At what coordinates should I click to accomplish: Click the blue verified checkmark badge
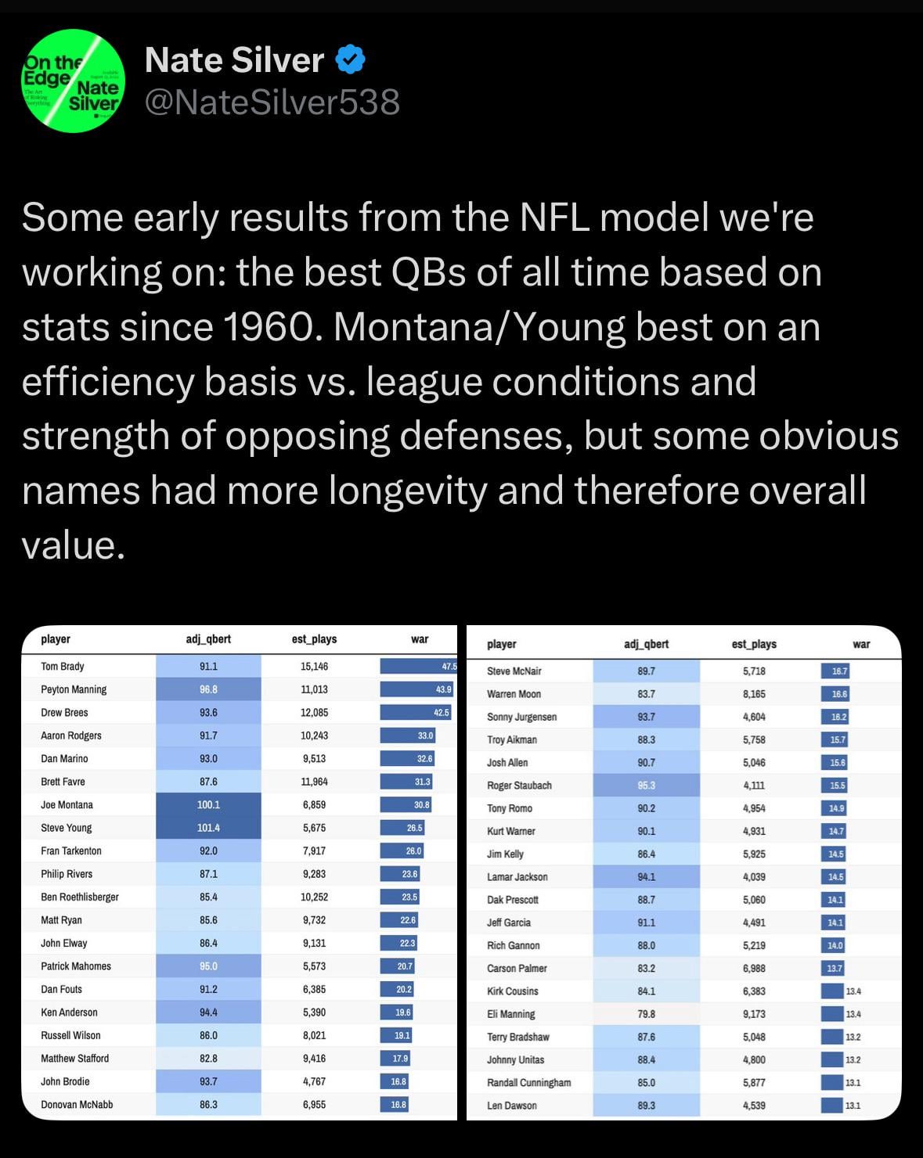[x=351, y=60]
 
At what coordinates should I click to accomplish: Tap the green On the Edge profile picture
[x=73, y=81]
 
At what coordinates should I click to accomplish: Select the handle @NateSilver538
[x=272, y=102]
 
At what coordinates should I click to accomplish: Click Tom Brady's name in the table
[x=63, y=667]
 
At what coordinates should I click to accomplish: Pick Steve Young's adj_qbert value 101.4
[x=208, y=828]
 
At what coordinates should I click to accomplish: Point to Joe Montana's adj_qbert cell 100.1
[x=208, y=804]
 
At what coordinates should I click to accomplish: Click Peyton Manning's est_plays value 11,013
[x=314, y=689]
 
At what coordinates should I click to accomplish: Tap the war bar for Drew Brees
[x=416, y=713]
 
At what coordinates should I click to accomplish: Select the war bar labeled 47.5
[x=418, y=667]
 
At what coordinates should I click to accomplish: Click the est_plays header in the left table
[x=314, y=639]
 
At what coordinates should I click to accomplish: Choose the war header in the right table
[x=861, y=644]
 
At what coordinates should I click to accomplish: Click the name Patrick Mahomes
[x=76, y=966]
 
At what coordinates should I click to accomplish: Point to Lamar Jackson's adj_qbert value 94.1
[x=647, y=877]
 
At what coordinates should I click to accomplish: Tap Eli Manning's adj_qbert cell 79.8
[x=647, y=1014]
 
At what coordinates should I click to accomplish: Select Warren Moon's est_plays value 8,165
[x=754, y=694]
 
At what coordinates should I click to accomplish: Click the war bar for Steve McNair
[x=835, y=671]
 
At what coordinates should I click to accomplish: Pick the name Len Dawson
[x=512, y=1106]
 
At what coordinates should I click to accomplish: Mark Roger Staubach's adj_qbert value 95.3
[x=647, y=786]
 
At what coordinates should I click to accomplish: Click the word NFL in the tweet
[x=555, y=218]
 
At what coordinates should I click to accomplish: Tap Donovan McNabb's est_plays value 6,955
[x=314, y=1105]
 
